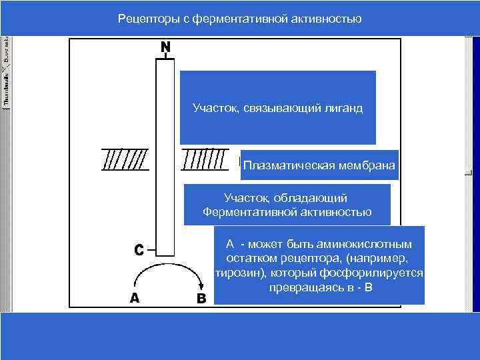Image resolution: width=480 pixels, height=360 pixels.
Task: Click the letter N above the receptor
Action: [x=165, y=47]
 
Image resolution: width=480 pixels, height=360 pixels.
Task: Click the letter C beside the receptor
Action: [x=138, y=250]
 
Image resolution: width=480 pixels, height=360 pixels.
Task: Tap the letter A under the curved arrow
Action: [x=135, y=298]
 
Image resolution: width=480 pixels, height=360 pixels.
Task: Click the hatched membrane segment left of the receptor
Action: [x=125, y=159]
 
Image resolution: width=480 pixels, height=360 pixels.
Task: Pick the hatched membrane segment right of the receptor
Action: [x=204, y=159]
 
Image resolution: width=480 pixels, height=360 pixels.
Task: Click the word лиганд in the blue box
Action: [x=346, y=107]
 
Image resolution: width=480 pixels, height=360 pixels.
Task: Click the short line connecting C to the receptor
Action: [x=150, y=251]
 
